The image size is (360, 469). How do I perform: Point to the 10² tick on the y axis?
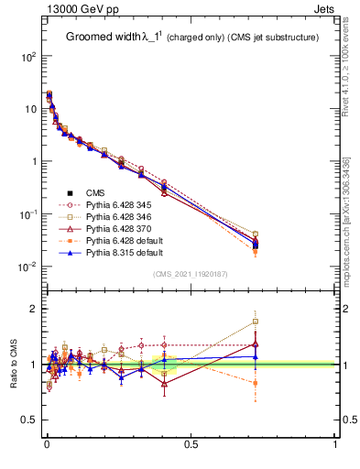click(x=29, y=57)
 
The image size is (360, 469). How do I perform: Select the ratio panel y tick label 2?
click(x=35, y=309)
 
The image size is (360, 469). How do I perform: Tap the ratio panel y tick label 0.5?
click(x=29, y=420)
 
